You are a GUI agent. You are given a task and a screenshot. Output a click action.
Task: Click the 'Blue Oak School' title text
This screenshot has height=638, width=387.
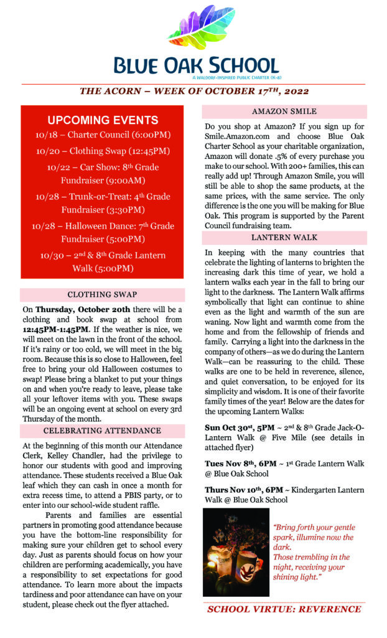point(195,65)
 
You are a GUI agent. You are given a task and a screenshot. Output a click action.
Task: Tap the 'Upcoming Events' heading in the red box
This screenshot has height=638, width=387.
point(103,120)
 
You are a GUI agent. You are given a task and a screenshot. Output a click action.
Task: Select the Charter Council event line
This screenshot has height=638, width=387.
point(103,135)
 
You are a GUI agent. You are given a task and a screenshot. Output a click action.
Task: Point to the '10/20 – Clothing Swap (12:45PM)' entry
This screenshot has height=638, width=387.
point(103,151)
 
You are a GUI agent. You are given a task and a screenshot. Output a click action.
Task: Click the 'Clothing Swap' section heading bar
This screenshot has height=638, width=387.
point(102,295)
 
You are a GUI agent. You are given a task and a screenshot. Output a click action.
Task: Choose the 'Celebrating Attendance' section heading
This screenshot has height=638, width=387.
point(102,431)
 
